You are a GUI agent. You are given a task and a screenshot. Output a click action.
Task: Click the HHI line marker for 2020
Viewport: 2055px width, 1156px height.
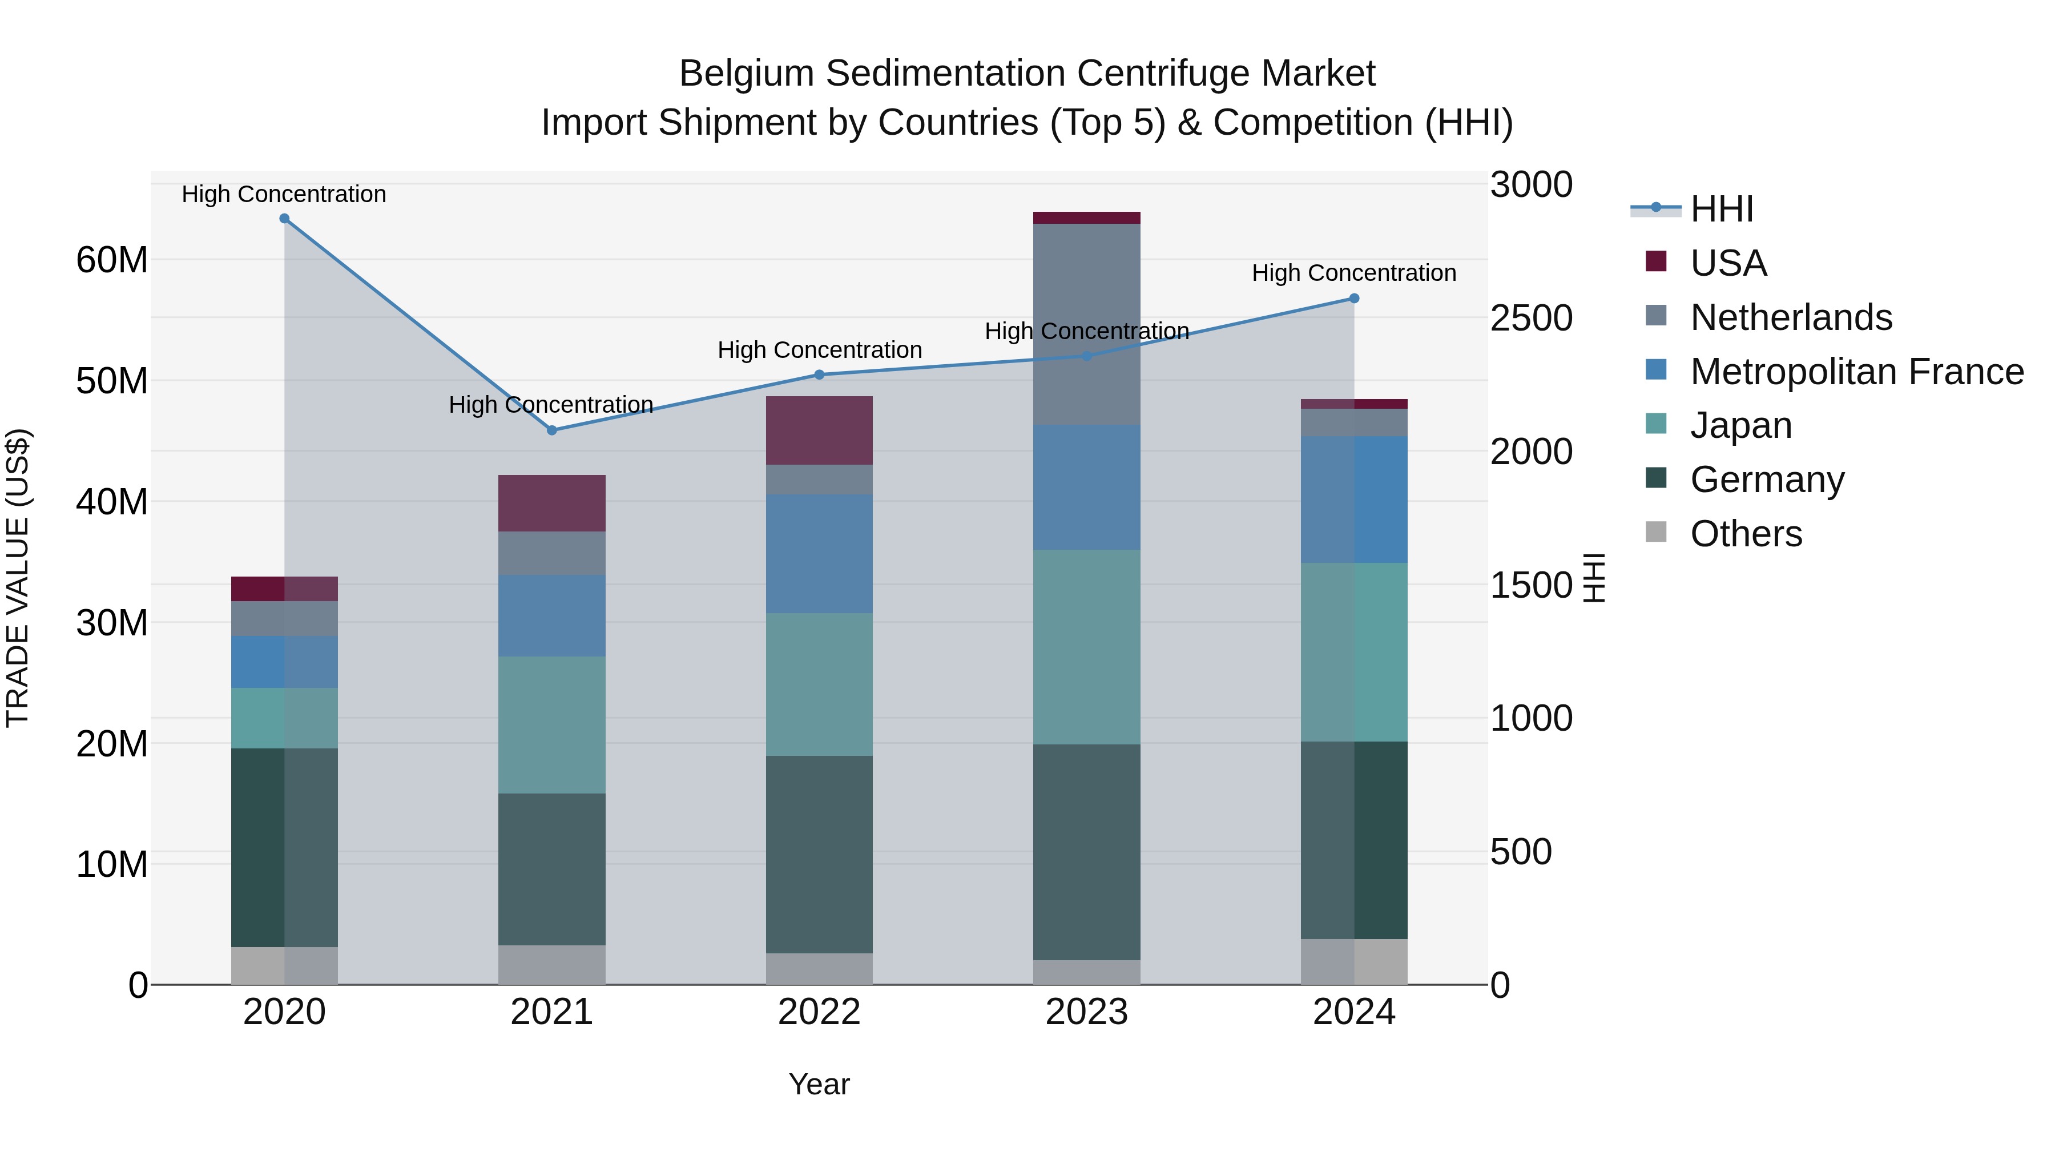tap(284, 219)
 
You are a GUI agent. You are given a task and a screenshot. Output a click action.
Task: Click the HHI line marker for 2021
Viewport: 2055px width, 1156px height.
tap(551, 430)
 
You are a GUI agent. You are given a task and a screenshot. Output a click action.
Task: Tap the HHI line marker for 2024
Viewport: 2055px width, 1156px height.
tap(1354, 299)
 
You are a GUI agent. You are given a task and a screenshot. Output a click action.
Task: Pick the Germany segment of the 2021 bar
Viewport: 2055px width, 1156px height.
tap(551, 869)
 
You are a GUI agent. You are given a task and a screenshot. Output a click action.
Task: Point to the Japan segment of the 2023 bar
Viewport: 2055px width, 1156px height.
tap(1086, 646)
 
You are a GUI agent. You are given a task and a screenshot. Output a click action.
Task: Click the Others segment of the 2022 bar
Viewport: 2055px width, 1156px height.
tap(819, 969)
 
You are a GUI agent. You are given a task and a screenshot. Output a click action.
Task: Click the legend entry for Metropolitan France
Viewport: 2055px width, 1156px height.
tap(1856, 372)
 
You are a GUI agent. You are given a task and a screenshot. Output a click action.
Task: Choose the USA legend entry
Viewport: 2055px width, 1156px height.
tap(1728, 263)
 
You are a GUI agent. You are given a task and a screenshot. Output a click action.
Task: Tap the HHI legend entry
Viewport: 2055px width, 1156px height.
tap(1722, 209)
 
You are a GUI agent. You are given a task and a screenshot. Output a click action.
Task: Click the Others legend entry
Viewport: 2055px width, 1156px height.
tap(1746, 534)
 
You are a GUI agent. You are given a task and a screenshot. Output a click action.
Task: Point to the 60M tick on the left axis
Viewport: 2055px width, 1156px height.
tap(112, 260)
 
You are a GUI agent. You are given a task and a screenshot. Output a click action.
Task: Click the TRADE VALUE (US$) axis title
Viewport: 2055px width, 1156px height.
tap(18, 578)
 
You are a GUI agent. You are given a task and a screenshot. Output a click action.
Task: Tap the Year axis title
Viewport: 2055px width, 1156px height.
tap(819, 1084)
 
